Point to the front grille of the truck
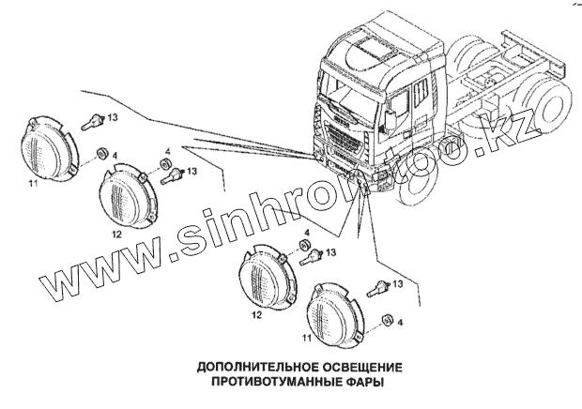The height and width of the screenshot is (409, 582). click(339, 141)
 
